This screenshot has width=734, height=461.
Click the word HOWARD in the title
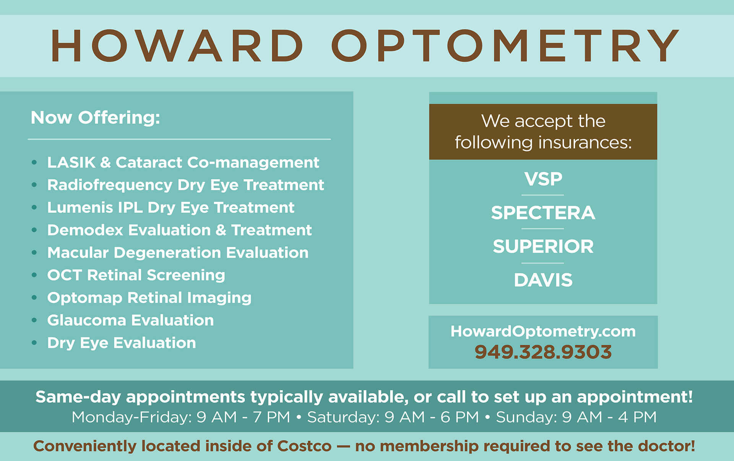tap(177, 46)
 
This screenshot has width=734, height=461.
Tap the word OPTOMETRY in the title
tap(505, 46)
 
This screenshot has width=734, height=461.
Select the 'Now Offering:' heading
tap(95, 117)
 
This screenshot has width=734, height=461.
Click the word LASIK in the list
tap(71, 162)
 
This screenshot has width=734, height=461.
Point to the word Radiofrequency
tap(110, 185)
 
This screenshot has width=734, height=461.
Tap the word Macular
tap(78, 253)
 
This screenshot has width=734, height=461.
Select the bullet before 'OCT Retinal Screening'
tap(34, 275)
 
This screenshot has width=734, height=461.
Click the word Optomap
tap(84, 298)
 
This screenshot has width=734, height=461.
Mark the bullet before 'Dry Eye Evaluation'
tap(34, 343)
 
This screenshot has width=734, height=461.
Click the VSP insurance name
tap(543, 179)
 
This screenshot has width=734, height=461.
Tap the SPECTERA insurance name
tap(543, 213)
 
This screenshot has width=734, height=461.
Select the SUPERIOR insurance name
tap(543, 247)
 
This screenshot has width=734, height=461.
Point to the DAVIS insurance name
tap(543, 280)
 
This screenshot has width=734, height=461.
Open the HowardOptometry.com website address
tap(543, 331)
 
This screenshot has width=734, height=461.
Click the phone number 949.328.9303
tap(543, 352)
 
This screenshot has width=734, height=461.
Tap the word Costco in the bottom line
tap(304, 446)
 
